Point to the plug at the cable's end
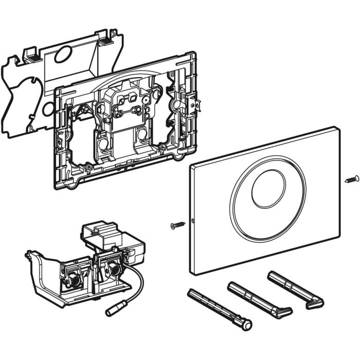click(x=113, y=310)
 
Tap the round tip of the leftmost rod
click(x=248, y=325)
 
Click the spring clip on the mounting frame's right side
click(x=193, y=105)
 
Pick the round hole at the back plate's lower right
click(x=47, y=109)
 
